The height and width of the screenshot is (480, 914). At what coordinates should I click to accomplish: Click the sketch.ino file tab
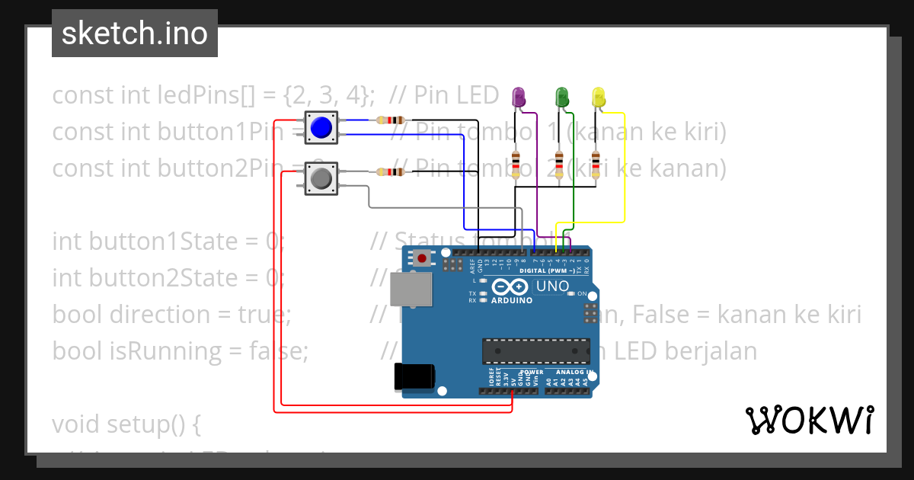point(135,34)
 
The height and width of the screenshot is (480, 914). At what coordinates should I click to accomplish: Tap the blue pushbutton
point(321,127)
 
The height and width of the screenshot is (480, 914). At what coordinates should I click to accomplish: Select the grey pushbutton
point(321,179)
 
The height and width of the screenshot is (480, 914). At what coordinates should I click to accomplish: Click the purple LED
point(519,97)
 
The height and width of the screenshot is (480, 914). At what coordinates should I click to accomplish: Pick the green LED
point(562,97)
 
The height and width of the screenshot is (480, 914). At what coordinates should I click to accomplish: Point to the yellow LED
point(599,97)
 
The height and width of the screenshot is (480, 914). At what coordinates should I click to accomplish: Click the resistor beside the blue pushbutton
point(389,120)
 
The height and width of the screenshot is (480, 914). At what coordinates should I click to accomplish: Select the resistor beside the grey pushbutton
point(389,171)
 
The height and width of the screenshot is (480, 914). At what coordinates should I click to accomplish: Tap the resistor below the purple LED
point(516,163)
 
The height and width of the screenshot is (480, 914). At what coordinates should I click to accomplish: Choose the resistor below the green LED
point(560,163)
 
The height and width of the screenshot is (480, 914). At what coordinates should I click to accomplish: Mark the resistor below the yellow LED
point(596,163)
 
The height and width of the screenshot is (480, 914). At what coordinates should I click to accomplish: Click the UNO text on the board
point(552,286)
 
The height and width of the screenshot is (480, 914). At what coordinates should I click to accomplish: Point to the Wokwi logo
point(809,420)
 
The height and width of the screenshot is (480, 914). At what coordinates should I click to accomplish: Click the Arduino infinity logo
point(510,287)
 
